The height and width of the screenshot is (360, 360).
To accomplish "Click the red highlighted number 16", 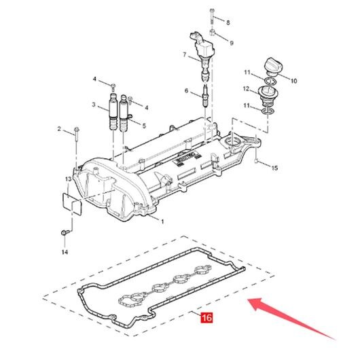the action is pyautogui.click(x=206, y=317).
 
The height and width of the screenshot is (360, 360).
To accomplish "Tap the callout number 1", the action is pyautogui.click(x=162, y=222).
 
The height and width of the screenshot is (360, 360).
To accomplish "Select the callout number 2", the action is pyautogui.click(x=59, y=129).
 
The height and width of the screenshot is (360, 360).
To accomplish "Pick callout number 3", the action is pyautogui.click(x=94, y=105).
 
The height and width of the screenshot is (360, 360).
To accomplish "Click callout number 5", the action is pyautogui.click(x=144, y=126).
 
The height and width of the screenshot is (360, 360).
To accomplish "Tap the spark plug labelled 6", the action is pyautogui.click(x=205, y=97).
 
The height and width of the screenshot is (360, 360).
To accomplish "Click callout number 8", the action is pyautogui.click(x=228, y=22).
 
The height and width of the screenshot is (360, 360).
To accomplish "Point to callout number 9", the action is pyautogui.click(x=232, y=43).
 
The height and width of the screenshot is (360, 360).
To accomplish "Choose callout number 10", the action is pyautogui.click(x=294, y=81).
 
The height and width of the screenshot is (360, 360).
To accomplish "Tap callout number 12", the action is pyautogui.click(x=246, y=88).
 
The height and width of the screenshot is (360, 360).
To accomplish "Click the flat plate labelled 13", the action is pyautogui.click(x=72, y=204).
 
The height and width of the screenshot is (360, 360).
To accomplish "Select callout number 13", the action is pyautogui.click(x=69, y=179).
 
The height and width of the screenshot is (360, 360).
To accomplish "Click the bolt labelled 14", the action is pyautogui.click(x=65, y=232).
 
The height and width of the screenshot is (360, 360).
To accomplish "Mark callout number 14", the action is pyautogui.click(x=65, y=252).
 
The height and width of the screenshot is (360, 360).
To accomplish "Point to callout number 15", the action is pyautogui.click(x=274, y=168).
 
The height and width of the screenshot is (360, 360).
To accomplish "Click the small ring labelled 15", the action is pyautogui.click(x=257, y=161).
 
